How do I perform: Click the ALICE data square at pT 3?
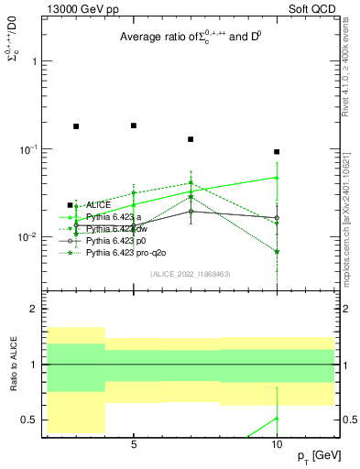pyautogui.click(x=76, y=126)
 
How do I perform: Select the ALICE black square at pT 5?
pyautogui.click(x=134, y=125)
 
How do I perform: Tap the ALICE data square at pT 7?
pyautogui.click(x=191, y=139)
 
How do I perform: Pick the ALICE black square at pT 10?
pyautogui.click(x=277, y=152)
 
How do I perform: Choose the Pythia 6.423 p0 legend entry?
pyautogui.click(x=109, y=239)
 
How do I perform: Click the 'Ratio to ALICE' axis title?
pyautogui.click(x=13, y=365)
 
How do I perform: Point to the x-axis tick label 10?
pyautogui.click(x=277, y=445)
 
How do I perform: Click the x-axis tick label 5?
pyautogui.click(x=134, y=445)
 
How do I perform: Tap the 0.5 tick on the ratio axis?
pyautogui.click(x=29, y=420)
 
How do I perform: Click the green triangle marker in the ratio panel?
pyautogui.click(x=277, y=419)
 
